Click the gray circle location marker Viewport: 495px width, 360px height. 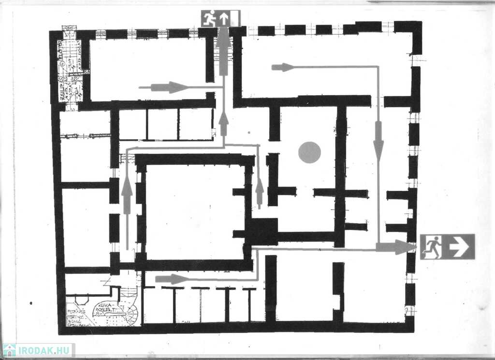tap(309, 152)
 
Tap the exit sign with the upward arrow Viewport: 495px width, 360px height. tap(221, 18)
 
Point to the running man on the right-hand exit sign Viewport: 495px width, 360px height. tap(434, 247)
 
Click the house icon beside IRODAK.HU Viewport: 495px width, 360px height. tap(9, 350)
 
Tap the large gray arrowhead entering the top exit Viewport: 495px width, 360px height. tap(223, 37)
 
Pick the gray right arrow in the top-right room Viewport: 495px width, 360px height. tap(283, 67)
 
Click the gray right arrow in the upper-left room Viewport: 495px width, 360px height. tap(169, 87)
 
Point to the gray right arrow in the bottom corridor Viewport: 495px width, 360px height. tap(172, 279)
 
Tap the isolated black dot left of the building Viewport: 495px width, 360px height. tap(31, 303)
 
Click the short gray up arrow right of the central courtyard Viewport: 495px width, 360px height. tap(260, 190)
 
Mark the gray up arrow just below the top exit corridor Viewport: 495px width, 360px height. tap(223, 123)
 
